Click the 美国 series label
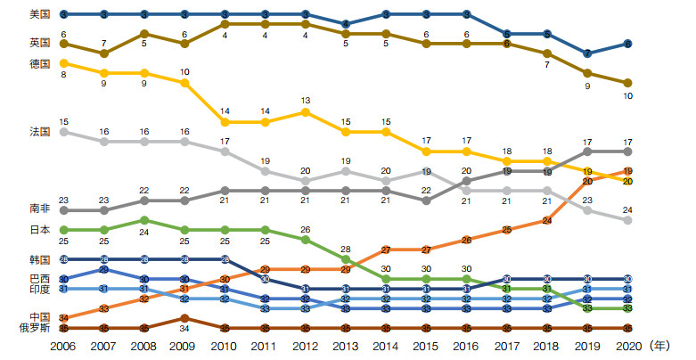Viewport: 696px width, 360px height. point(39,14)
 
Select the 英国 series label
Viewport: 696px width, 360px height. point(39,43)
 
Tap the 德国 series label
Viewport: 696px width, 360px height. point(39,63)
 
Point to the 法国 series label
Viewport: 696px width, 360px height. point(39,132)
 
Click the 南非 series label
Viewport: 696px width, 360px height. point(39,209)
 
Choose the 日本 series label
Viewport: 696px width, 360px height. point(39,230)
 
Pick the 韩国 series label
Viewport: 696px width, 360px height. point(39,259)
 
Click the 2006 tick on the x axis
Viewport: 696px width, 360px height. point(63,345)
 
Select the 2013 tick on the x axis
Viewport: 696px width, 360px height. point(346,345)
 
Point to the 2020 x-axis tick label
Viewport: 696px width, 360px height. point(628,345)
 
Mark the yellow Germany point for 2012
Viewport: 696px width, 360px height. point(306,112)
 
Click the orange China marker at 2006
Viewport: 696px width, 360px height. point(63,318)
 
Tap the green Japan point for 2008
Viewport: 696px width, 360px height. point(144,220)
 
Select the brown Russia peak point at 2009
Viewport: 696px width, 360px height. point(184,318)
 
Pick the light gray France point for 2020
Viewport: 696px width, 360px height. point(628,220)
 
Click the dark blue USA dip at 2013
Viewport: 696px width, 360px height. point(346,24)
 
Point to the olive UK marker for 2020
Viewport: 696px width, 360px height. point(628,83)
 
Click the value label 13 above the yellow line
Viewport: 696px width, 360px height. point(306,101)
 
